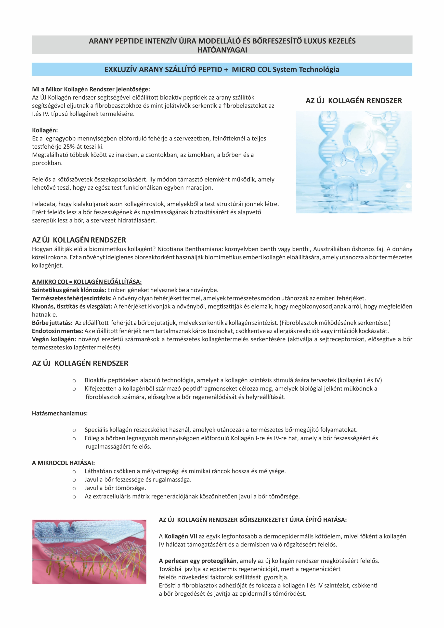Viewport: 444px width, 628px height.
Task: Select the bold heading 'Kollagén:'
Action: (x=45, y=130)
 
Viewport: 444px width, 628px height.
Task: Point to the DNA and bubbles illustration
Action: (x=353, y=162)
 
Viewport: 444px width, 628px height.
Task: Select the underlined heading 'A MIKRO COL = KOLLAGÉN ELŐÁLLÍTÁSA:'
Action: (x=87, y=282)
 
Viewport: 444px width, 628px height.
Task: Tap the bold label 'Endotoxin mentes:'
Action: (x=57, y=331)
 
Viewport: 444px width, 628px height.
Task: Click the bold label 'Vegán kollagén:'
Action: (x=54, y=339)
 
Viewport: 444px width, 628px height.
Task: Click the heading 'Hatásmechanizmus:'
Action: (x=60, y=413)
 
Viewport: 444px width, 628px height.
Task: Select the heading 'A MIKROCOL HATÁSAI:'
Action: (x=63, y=463)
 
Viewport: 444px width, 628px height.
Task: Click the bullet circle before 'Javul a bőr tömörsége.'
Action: (x=74, y=488)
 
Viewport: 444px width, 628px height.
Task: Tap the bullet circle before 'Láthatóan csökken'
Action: (x=74, y=471)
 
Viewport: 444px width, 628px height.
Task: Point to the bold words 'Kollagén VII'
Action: (x=180, y=536)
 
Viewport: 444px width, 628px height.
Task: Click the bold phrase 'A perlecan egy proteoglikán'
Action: (x=197, y=561)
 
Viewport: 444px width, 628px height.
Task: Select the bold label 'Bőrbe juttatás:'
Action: (x=52, y=323)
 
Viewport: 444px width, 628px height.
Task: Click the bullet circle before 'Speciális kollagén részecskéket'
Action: (x=74, y=430)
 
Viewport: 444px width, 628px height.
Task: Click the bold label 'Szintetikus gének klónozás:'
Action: (x=69, y=290)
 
